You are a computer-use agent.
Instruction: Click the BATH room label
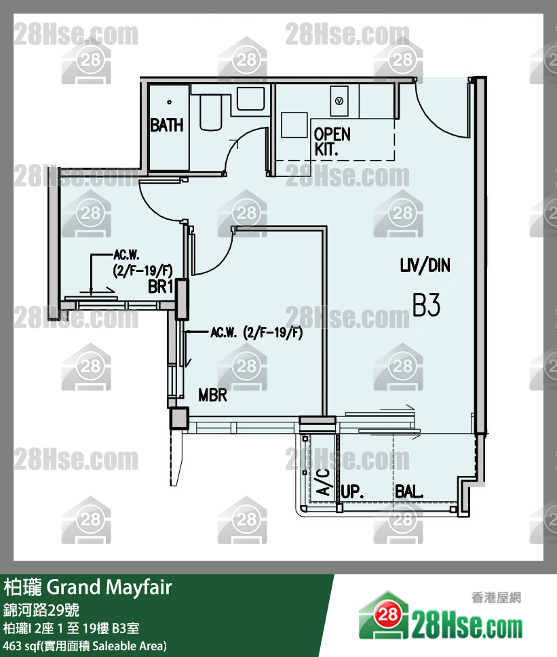[167, 125]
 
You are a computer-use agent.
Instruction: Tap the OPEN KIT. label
[332, 142]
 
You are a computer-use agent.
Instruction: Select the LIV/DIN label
[425, 265]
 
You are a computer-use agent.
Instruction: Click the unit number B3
[426, 304]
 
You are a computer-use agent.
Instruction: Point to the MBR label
[212, 395]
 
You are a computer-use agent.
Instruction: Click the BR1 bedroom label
[161, 287]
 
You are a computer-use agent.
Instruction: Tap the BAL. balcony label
[409, 492]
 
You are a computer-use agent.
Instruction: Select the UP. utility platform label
[352, 492]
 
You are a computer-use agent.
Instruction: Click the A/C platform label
[323, 482]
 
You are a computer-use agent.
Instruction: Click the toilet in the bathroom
[211, 112]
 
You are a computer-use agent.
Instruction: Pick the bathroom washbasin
[250, 99]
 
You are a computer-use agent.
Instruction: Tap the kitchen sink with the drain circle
[339, 101]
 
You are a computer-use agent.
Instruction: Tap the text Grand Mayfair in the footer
[109, 587]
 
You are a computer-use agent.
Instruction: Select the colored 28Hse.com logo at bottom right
[440, 616]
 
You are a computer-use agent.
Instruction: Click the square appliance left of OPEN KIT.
[294, 125]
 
